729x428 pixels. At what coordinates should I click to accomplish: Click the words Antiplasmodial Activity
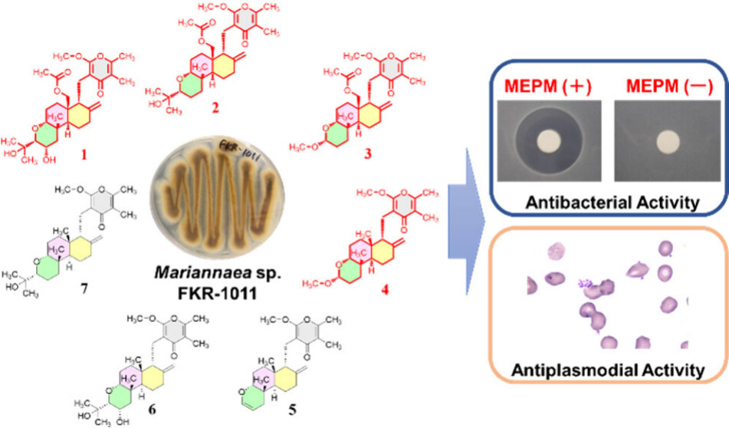click(x=609, y=370)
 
